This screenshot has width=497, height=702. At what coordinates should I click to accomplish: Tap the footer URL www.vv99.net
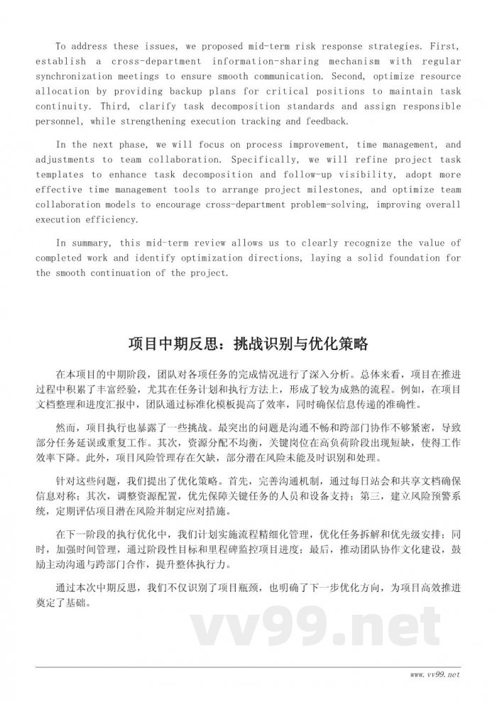(435, 672)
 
